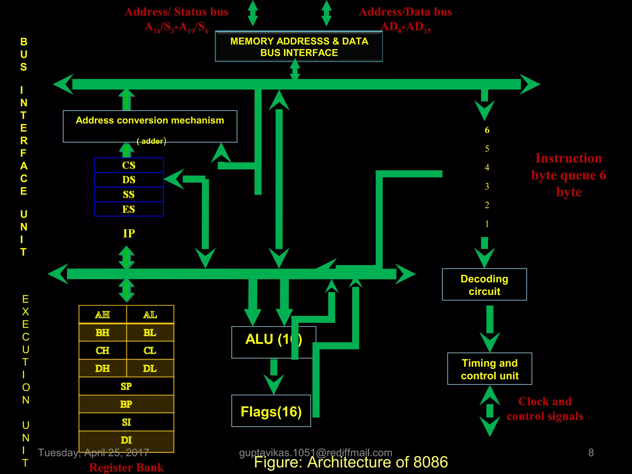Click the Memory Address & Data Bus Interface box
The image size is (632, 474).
tap(299, 47)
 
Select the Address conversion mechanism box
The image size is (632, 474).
tap(150, 126)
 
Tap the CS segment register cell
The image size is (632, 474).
tap(129, 165)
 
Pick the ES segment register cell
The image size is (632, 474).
tap(129, 209)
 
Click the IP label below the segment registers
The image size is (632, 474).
tap(129, 234)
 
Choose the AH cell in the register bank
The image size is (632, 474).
tap(102, 314)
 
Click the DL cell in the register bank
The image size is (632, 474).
tap(150, 368)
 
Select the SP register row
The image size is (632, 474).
tap(126, 386)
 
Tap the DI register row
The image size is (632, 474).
tap(126, 440)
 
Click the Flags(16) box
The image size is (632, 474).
tap(271, 411)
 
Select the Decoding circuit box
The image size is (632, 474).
tap(484, 285)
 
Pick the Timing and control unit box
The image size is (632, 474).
tap(489, 369)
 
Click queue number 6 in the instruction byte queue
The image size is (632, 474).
tap(487, 130)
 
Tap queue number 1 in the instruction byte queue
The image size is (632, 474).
tap(487, 224)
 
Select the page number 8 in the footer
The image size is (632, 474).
tap(591, 452)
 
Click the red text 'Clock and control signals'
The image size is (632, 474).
tap(545, 409)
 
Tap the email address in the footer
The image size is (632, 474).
tap(316, 452)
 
